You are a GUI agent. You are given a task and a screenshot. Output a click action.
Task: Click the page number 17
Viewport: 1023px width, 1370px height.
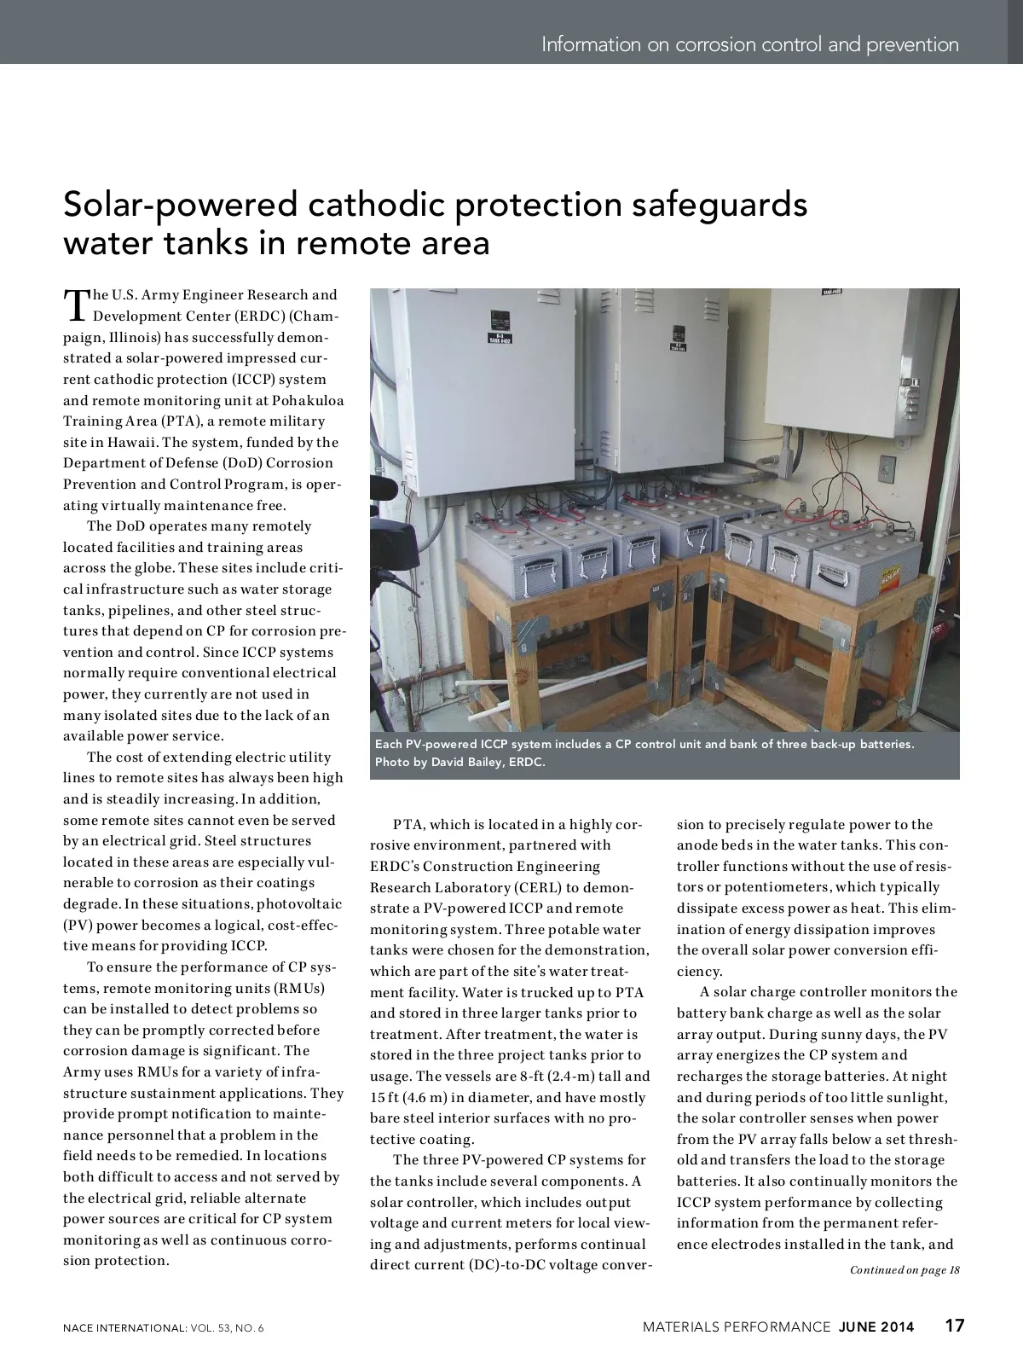pos(954,1326)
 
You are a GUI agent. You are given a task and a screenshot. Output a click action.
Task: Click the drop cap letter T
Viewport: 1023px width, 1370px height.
pos(76,304)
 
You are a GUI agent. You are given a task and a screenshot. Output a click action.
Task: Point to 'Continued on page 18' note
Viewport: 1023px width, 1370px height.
pos(905,1270)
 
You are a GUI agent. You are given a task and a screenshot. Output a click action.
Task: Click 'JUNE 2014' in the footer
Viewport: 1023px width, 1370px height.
pos(876,1326)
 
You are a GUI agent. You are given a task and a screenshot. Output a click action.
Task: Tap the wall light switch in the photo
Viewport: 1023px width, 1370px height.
pos(888,468)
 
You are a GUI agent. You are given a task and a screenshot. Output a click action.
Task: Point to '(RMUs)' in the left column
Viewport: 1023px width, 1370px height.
pos(298,988)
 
